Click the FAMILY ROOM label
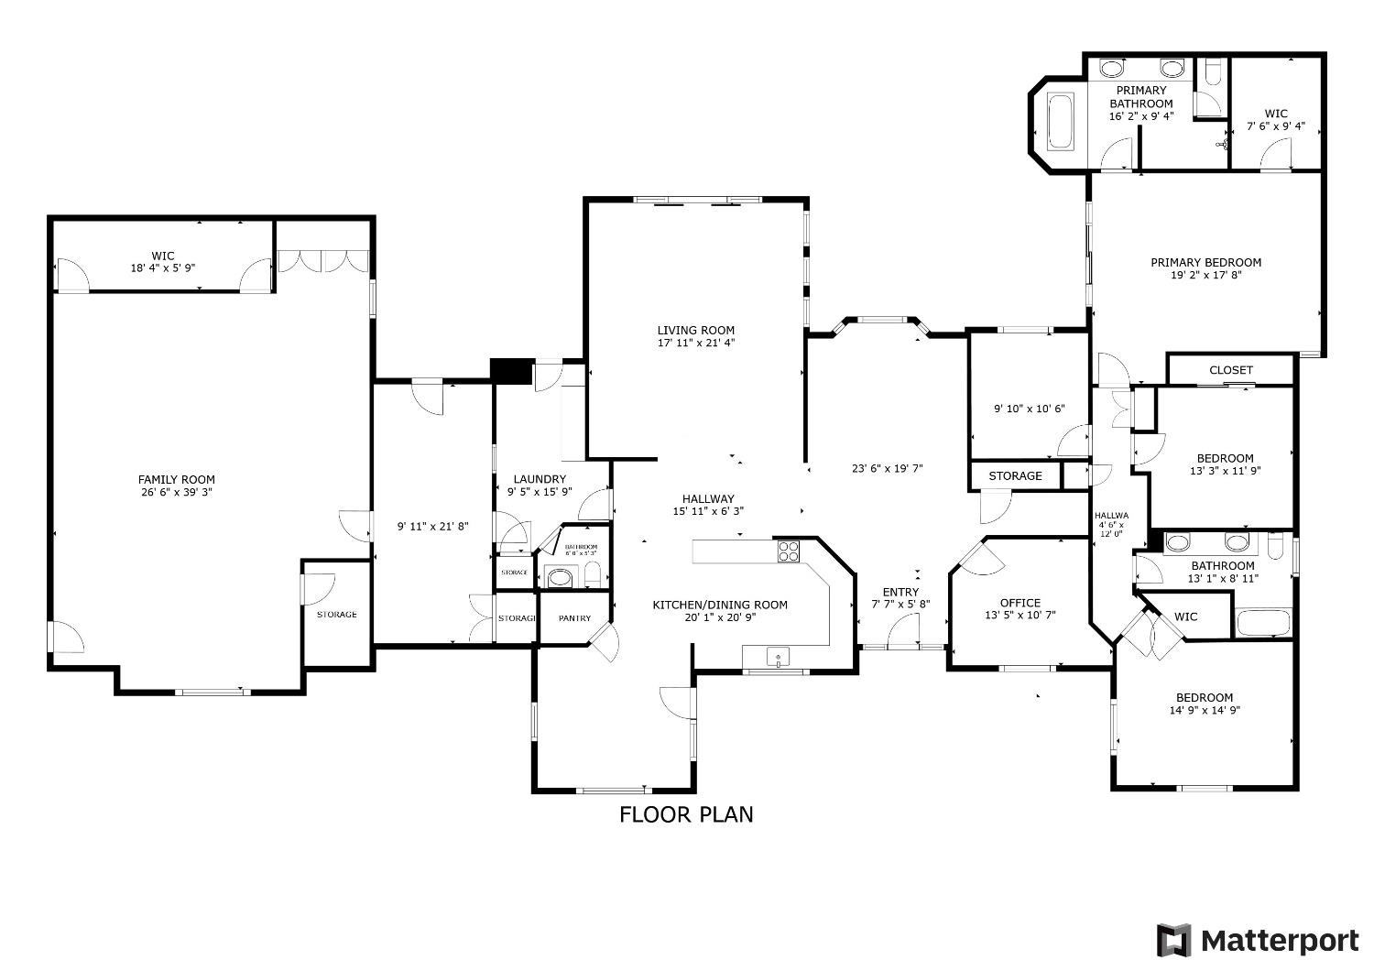176,479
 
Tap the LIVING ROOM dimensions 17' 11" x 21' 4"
695,344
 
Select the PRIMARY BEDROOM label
1205,262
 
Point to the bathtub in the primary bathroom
1061,121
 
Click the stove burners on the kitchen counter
789,551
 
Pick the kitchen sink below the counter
777,657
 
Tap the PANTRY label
574,618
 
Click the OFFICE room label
1020,603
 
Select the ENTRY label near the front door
900,592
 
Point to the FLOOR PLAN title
686,814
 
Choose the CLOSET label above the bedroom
1230,370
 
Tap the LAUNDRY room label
540,479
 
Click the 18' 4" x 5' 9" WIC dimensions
163,268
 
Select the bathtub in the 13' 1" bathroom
1262,623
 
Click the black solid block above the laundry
511,371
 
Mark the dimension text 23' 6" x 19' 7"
887,468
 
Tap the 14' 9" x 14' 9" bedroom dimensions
1205,710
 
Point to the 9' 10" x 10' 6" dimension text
1029,409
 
